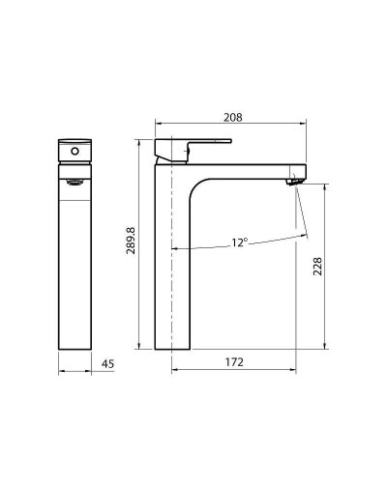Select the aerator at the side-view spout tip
click(x=296, y=179)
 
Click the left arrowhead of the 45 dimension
click(x=61, y=370)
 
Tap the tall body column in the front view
click(x=74, y=270)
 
